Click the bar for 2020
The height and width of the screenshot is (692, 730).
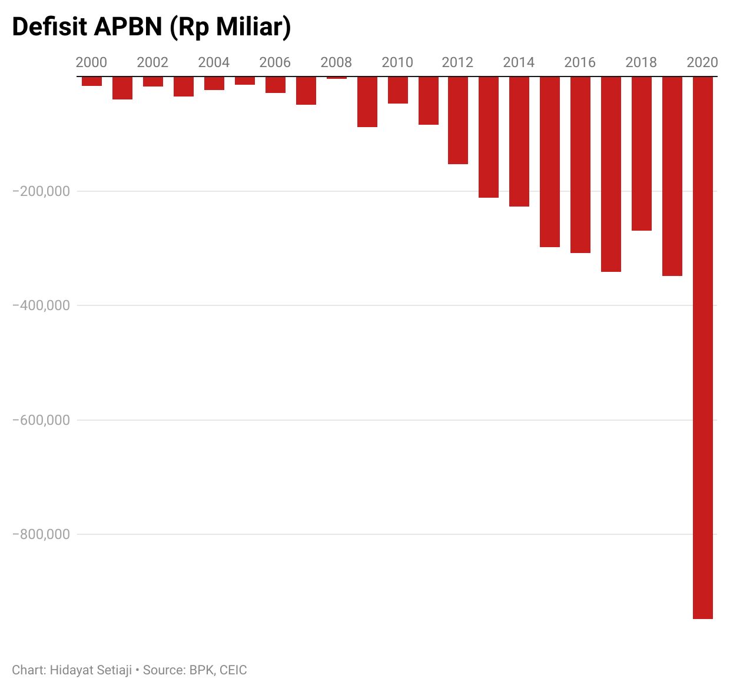[702, 347]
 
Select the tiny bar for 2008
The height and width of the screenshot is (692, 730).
[337, 78]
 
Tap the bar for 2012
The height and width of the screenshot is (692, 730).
[458, 120]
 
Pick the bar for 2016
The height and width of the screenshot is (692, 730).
[580, 165]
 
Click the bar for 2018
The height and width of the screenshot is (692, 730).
[642, 154]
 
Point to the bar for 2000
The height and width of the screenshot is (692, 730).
[92, 81]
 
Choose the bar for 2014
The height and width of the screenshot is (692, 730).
[519, 141]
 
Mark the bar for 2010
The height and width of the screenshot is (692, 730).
[398, 90]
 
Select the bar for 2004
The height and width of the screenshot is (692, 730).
[214, 83]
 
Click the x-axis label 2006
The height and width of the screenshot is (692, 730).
[275, 62]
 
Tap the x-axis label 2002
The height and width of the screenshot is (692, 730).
[152, 62]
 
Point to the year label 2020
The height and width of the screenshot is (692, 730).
[702, 62]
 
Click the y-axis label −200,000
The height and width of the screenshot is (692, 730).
[41, 191]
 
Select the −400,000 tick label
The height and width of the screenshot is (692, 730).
[41, 305]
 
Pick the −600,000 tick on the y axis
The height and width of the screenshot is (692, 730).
[41, 420]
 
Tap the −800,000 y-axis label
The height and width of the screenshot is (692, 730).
[41, 534]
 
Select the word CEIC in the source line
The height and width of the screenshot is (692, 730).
[233, 670]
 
